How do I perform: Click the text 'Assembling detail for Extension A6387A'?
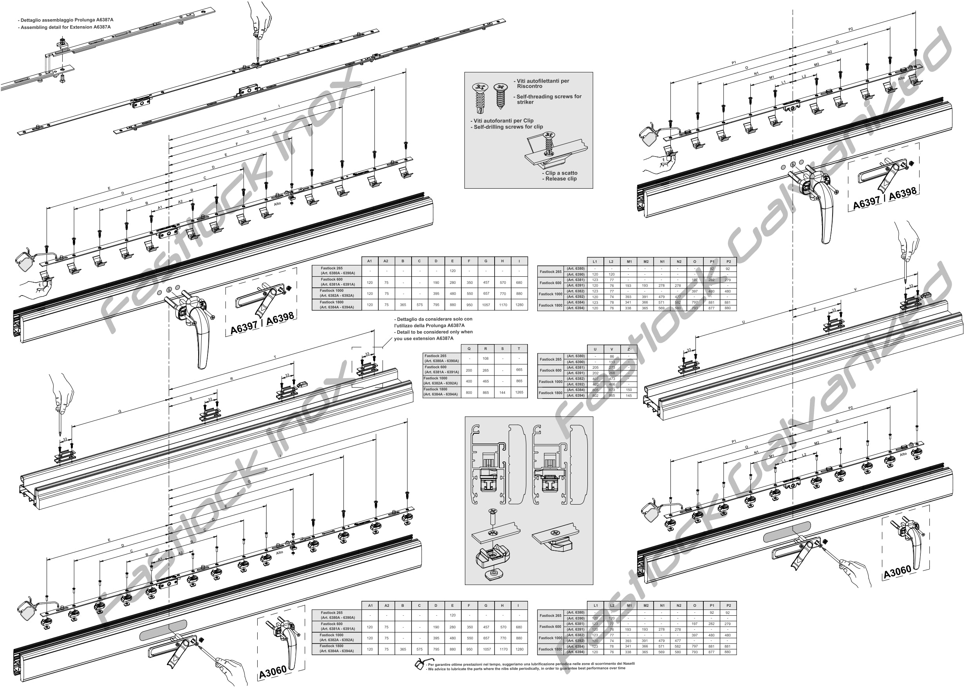[x=66, y=27]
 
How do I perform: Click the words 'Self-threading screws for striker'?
[x=549, y=99]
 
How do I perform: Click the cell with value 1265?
[x=519, y=392]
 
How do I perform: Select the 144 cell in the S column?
[x=502, y=392]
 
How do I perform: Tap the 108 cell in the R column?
[x=486, y=359]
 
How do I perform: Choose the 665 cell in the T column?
[x=519, y=370]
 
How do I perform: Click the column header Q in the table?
[x=469, y=349]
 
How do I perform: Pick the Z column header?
[x=629, y=349]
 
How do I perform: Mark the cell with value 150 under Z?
[x=629, y=390]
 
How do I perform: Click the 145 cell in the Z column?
[x=629, y=396]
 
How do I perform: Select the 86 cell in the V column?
[x=612, y=356]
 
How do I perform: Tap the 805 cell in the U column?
[x=595, y=390]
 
